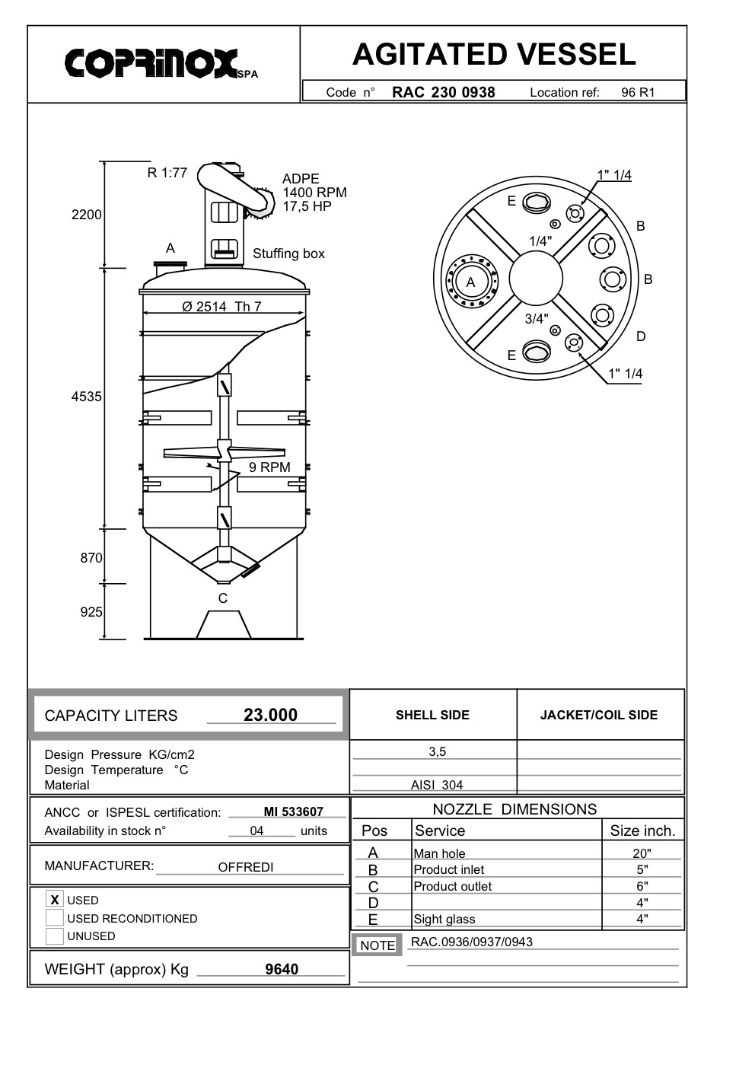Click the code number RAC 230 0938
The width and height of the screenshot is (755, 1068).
pos(443,92)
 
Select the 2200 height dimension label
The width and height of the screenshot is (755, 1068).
pos(86,215)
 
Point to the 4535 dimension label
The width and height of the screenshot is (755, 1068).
pos(86,397)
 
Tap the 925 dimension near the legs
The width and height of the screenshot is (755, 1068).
pos(91,612)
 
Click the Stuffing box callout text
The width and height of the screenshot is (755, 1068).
pos(288,253)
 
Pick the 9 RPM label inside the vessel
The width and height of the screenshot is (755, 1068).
pos(269,467)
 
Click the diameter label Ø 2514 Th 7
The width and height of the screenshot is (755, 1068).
pos(221,307)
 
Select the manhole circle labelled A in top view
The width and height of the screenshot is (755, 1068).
pos(471,282)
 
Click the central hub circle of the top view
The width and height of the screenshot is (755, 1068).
pos(536,279)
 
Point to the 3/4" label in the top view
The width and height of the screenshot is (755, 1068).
pos(536,319)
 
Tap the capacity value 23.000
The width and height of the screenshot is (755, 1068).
pos(270,715)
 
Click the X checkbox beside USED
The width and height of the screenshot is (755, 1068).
pos(54,900)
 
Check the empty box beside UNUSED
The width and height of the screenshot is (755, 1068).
pos(54,936)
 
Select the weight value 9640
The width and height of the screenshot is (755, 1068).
pos(282,969)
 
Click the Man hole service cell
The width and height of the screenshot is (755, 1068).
pos(439,853)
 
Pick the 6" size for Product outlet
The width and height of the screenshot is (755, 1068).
pos(642,886)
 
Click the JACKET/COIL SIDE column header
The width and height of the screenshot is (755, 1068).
pos(599,715)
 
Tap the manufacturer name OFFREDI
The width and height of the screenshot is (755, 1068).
pos(245,867)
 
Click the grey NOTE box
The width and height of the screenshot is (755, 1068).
pos(377,945)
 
